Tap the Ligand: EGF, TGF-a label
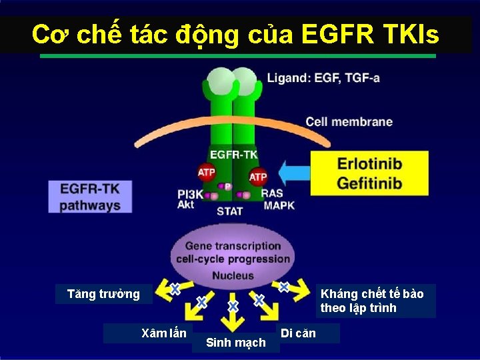323,78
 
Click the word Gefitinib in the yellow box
369,183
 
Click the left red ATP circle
207,173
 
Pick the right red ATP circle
258,177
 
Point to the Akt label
185,205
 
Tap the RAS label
272,193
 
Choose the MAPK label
279,205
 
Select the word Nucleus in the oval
233,275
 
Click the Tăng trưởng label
103,294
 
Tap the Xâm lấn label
165,332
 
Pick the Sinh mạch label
235,343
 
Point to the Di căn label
298,332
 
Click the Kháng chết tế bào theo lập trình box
371,301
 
